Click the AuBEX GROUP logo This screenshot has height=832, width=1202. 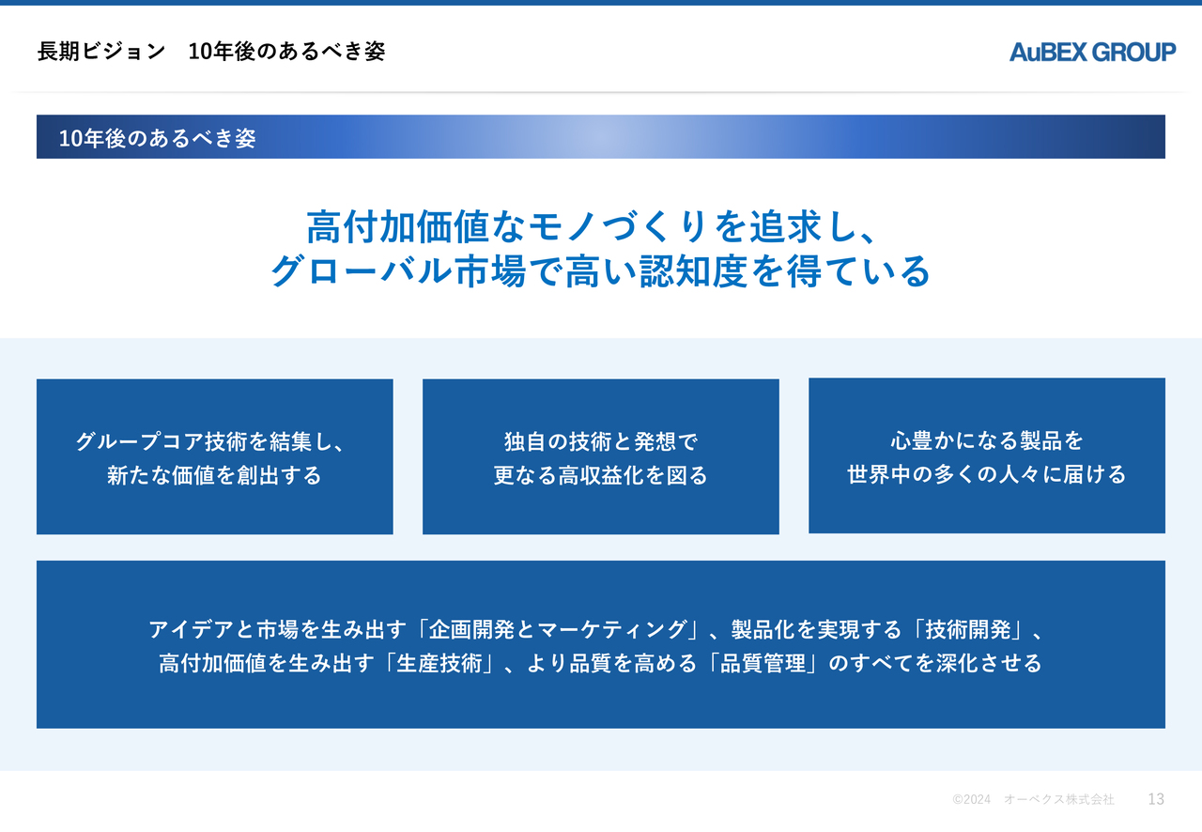tap(1092, 52)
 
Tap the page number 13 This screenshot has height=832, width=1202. tap(1156, 799)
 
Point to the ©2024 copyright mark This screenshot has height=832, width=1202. tap(971, 799)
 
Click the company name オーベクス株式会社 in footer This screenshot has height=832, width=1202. tap(1058, 799)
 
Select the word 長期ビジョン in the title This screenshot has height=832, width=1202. tap(101, 52)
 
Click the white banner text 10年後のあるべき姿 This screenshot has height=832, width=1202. tap(157, 138)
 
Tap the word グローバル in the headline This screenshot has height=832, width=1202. tap(362, 271)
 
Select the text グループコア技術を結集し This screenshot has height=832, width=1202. tap(204, 441)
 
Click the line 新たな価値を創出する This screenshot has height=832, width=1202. tap(214, 475)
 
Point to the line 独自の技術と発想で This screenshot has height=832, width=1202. tap(601, 441)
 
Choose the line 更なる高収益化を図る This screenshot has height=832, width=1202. tap(601, 475)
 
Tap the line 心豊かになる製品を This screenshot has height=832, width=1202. tap(987, 440)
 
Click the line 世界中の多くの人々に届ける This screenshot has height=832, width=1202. tap(987, 474)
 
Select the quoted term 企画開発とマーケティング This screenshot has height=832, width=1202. tap(558, 630)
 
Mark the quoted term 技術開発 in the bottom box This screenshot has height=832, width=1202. tap(968, 630)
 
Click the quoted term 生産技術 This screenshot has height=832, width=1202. tap(439, 664)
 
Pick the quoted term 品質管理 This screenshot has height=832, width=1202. tap(763, 664)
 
